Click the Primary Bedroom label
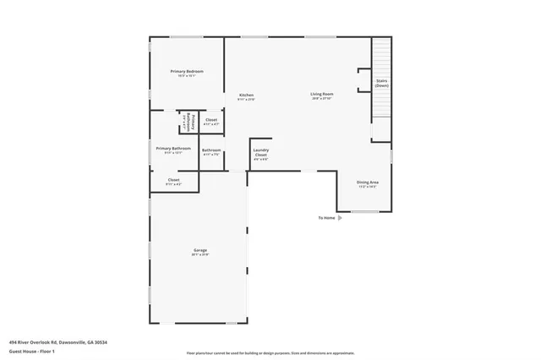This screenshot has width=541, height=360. pyautogui.click(x=187, y=72)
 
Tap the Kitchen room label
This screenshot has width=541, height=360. pyautogui.click(x=246, y=95)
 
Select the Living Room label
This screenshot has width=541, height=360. pyautogui.click(x=322, y=94)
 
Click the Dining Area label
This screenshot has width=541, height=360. pyautogui.click(x=367, y=183)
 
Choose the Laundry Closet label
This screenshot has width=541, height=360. pyautogui.click(x=261, y=153)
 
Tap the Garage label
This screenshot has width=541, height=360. pyautogui.click(x=200, y=250)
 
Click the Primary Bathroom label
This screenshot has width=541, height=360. pyautogui.click(x=173, y=148)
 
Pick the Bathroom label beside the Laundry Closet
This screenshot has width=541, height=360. pyautogui.click(x=211, y=150)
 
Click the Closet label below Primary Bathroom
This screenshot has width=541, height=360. pyautogui.click(x=173, y=180)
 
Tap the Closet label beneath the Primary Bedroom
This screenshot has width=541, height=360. pyautogui.click(x=211, y=120)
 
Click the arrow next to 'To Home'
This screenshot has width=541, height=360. pyautogui.click(x=340, y=218)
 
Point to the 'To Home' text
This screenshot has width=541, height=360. pyautogui.click(x=326, y=218)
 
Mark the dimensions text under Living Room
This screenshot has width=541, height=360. pyautogui.click(x=322, y=99)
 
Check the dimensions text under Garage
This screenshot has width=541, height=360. pyautogui.click(x=200, y=255)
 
